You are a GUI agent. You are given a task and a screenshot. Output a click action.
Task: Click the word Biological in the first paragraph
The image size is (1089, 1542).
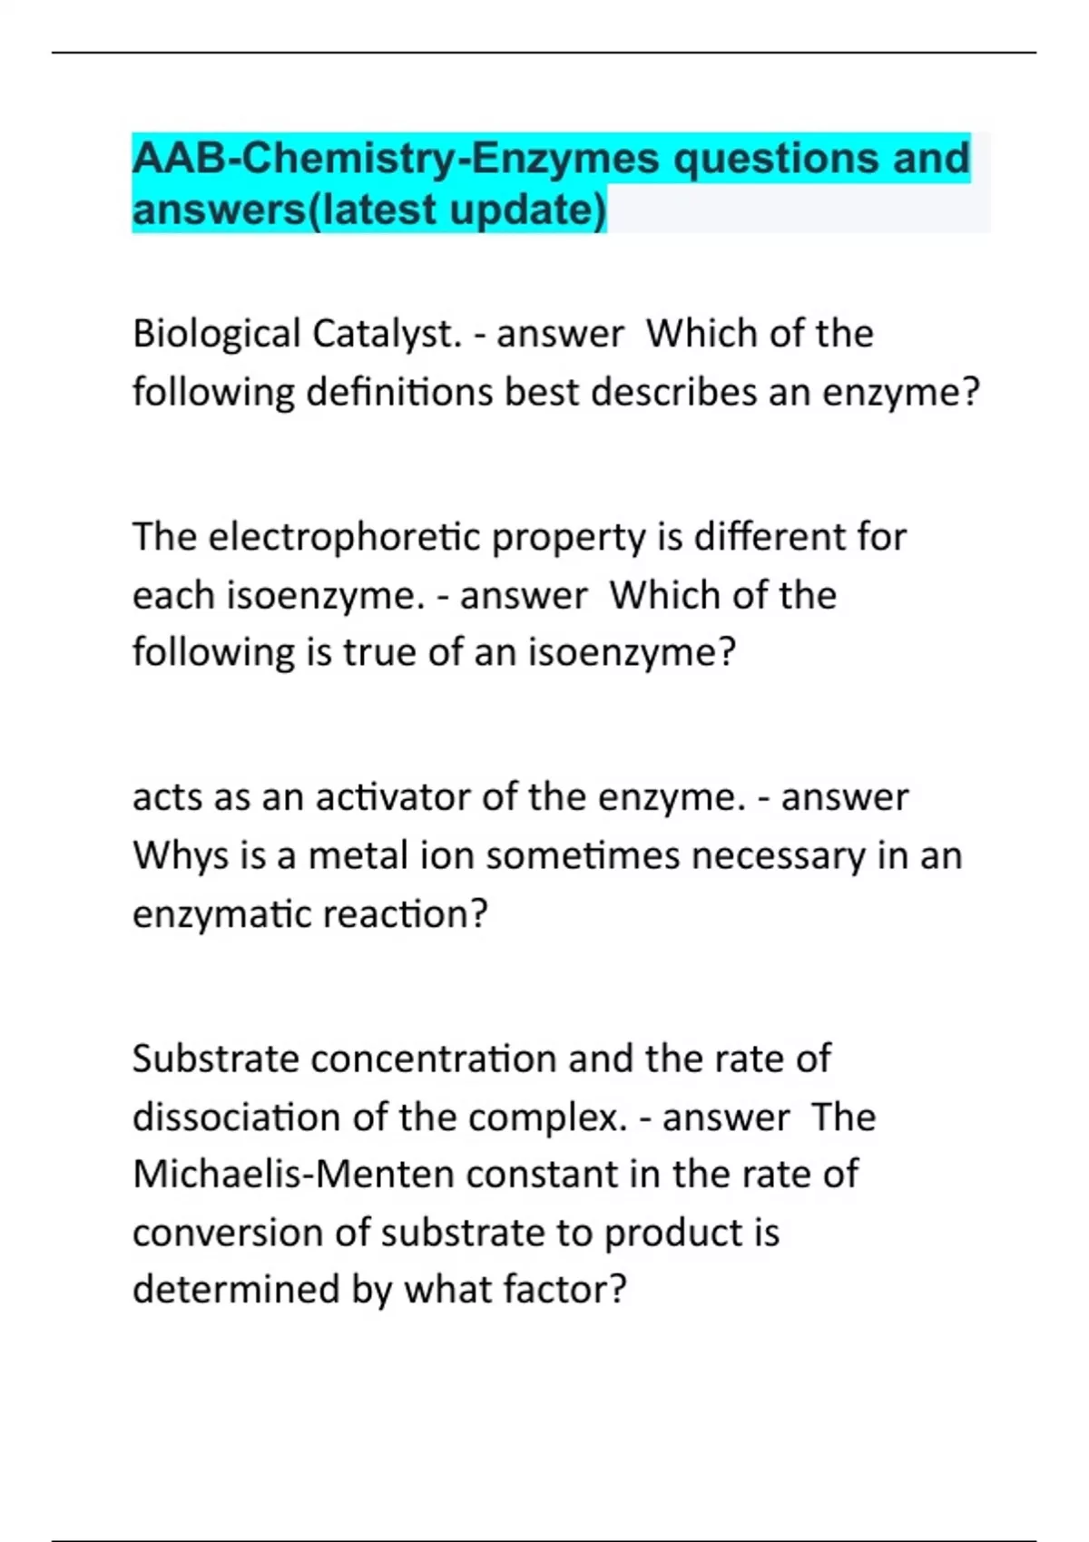click(x=216, y=335)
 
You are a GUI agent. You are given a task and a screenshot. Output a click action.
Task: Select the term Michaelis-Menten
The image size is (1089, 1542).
click(x=293, y=1175)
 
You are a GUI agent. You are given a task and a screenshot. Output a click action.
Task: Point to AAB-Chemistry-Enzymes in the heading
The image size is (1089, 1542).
click(x=396, y=159)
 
